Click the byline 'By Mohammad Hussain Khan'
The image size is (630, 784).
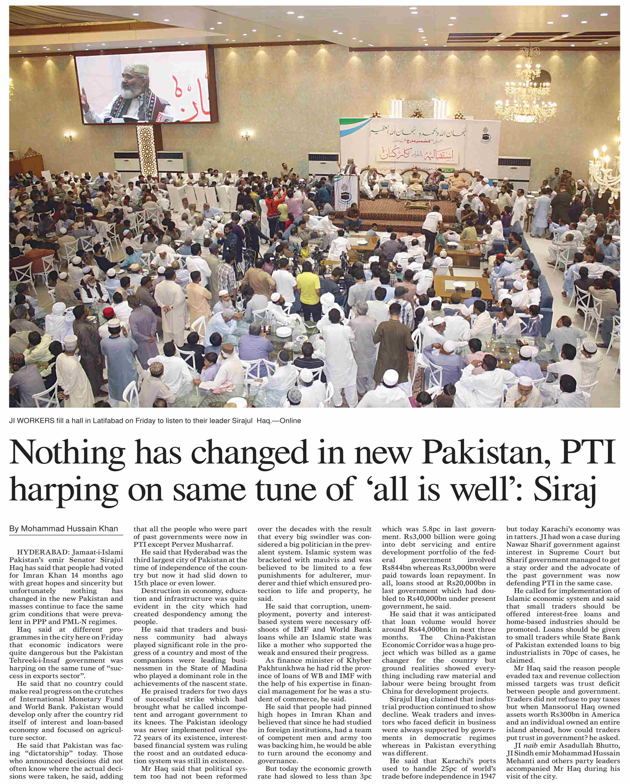64,529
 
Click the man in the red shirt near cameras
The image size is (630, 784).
272,210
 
